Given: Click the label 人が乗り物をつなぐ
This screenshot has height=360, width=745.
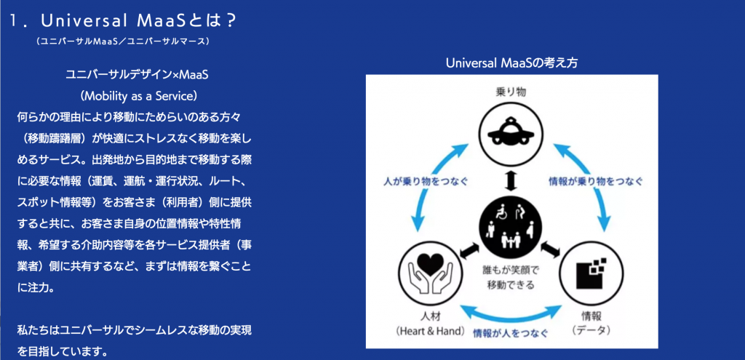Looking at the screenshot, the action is click(426, 181).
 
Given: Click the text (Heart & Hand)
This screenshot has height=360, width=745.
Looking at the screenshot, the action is click(430, 331).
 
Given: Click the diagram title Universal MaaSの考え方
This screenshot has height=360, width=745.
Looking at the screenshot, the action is click(511, 63).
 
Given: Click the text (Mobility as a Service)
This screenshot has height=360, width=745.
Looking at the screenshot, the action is click(138, 95).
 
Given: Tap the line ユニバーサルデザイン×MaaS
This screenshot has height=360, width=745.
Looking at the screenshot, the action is click(138, 75).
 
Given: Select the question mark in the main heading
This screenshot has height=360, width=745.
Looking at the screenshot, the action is click(230, 20).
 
